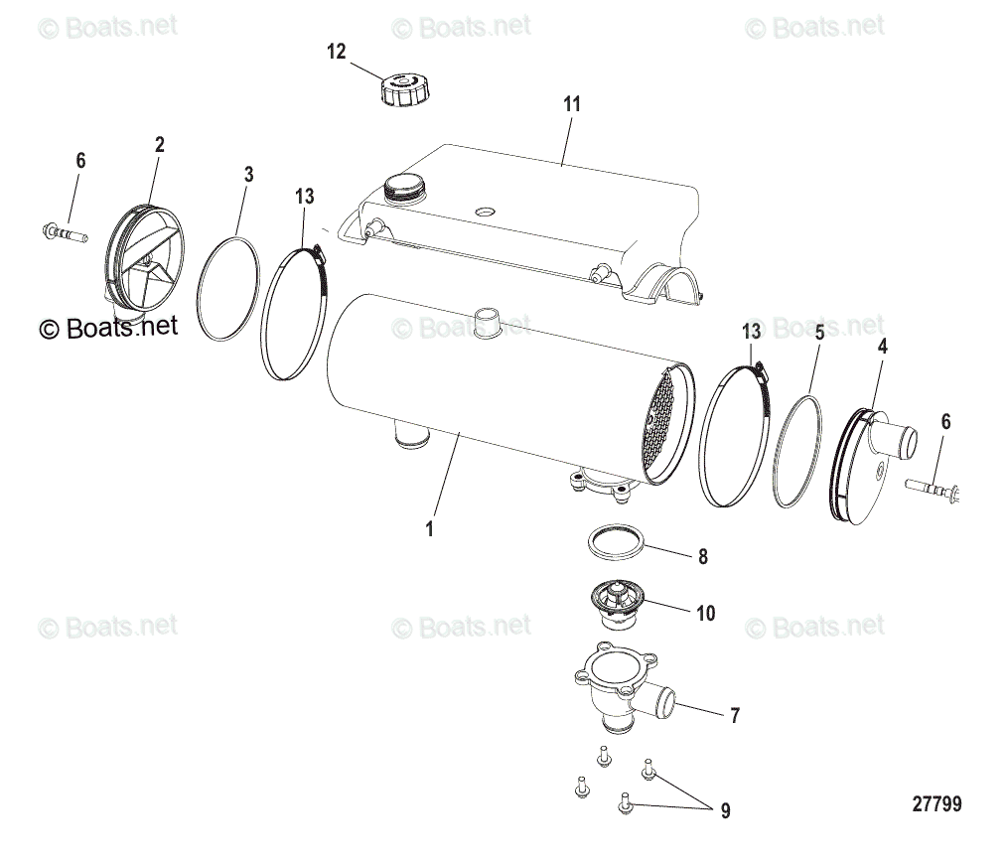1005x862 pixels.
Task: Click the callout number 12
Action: pyautogui.click(x=337, y=52)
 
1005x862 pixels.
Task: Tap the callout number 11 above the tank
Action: pyautogui.click(x=571, y=104)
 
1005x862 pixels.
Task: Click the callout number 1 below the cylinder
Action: pyautogui.click(x=429, y=529)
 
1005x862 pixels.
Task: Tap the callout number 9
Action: pyautogui.click(x=725, y=811)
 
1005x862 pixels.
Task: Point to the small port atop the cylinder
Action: pyautogui.click(x=487, y=325)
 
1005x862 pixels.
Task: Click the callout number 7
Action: pyautogui.click(x=734, y=714)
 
